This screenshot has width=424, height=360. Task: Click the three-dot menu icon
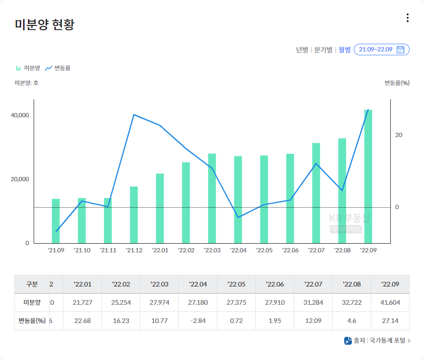click(x=408, y=18)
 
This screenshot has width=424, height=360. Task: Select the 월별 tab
click(x=345, y=50)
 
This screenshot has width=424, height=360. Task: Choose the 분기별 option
click(x=323, y=50)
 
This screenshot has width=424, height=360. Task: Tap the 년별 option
click(x=302, y=50)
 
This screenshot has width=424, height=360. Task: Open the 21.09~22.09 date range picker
click(x=382, y=50)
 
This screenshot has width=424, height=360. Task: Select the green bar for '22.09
click(x=368, y=176)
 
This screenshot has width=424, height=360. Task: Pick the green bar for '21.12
click(x=134, y=214)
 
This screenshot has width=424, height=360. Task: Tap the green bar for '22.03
click(x=212, y=198)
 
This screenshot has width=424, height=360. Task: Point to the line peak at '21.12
click(x=134, y=114)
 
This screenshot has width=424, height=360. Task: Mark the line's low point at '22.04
click(x=238, y=217)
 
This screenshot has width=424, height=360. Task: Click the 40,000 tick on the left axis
click(x=21, y=115)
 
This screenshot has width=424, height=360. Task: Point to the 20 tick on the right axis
click(x=399, y=135)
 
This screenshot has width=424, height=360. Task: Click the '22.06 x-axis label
click(x=290, y=250)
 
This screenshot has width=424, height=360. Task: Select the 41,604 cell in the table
click(x=390, y=302)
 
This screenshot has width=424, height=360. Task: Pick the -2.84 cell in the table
click(x=198, y=321)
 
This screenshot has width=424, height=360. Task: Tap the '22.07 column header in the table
click(x=313, y=284)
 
